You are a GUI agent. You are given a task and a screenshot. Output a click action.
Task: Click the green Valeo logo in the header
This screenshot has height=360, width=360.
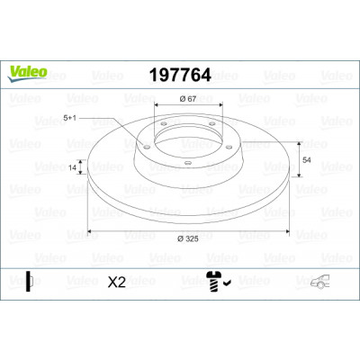(x=28, y=74)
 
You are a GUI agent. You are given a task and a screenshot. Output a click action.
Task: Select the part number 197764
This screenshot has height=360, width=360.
(x=180, y=75)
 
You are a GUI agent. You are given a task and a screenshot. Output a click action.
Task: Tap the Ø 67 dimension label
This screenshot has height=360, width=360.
(x=188, y=99)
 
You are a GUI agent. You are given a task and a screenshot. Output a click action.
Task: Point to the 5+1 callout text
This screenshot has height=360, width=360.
(x=69, y=118)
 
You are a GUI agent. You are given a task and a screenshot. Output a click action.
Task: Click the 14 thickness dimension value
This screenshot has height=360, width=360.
(x=72, y=167)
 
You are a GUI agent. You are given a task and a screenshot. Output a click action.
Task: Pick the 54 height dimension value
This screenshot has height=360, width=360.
(x=307, y=160)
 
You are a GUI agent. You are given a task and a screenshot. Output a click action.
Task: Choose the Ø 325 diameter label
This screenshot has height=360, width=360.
(x=188, y=238)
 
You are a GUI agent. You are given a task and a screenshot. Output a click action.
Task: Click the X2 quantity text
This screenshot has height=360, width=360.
(x=117, y=283)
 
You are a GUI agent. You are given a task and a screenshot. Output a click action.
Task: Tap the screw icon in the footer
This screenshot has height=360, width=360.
(x=213, y=282)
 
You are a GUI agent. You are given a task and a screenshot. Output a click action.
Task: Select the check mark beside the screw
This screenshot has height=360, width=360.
(x=227, y=282)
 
